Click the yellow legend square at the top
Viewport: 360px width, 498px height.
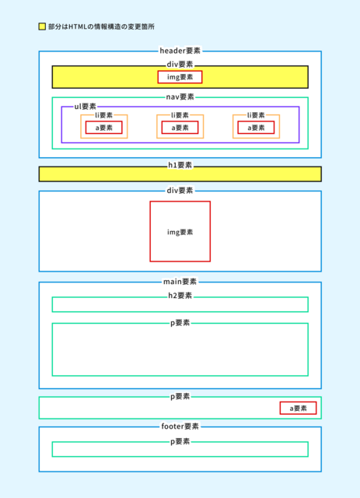tap(42, 26)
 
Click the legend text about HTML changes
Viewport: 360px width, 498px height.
tap(102, 26)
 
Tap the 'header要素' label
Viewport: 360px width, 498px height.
tap(180, 51)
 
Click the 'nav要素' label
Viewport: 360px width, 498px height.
tap(180, 96)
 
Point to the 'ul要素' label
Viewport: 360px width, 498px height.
tap(85, 107)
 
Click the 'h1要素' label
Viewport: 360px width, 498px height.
tap(180, 165)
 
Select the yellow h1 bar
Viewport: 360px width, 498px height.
tap(180, 174)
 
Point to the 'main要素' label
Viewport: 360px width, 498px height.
tap(180, 282)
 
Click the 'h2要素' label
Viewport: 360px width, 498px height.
tap(180, 296)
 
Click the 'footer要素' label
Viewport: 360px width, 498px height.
tap(180, 426)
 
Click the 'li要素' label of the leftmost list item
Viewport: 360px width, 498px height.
tap(104, 115)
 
